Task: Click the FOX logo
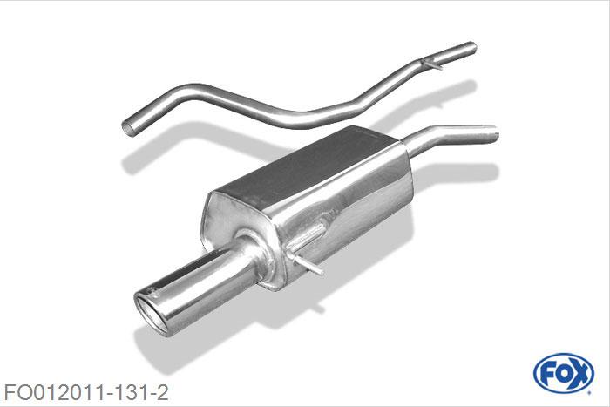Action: coord(564,374)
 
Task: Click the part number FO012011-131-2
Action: coord(86,392)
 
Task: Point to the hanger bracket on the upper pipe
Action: coord(432,64)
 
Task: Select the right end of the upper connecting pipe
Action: coord(472,48)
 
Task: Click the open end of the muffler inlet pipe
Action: coord(495,134)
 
